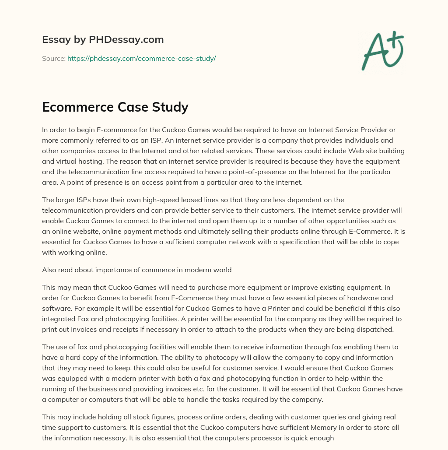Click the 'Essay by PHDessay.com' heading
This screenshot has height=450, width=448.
(103, 39)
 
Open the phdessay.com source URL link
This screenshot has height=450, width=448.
(141, 58)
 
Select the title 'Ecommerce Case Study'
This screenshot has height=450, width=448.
(115, 107)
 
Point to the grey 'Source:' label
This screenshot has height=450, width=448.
(53, 58)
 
